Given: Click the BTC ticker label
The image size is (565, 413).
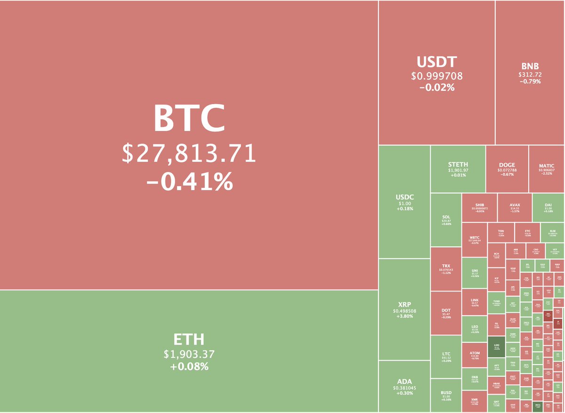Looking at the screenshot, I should (x=189, y=119).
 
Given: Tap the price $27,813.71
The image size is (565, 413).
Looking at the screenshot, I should (x=189, y=154).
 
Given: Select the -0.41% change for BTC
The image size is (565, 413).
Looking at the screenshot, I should (x=189, y=181).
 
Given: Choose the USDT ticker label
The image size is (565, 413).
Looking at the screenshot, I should (x=436, y=62).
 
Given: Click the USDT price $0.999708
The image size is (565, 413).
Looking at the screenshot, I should (x=436, y=76).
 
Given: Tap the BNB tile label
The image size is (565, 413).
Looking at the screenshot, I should (x=530, y=66).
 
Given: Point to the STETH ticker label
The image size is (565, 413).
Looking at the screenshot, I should (x=458, y=164).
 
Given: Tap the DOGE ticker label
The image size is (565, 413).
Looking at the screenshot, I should (x=507, y=165).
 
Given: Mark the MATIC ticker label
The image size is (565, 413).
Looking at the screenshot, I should (x=547, y=166).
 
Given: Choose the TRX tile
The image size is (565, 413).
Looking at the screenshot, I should (x=446, y=269).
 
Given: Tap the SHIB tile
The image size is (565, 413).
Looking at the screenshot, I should (x=480, y=207).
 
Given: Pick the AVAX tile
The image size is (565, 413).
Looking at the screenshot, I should (x=515, y=207).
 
